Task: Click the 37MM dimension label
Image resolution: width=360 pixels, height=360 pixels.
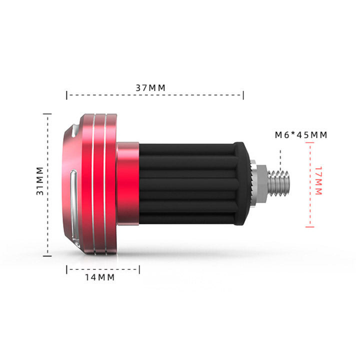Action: [150, 88]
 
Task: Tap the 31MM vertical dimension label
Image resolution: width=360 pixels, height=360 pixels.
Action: [40, 181]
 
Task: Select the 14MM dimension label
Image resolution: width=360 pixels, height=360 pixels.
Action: [100, 277]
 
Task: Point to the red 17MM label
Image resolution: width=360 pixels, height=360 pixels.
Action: [318, 181]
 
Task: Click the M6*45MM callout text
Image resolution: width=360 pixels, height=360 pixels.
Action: [301, 135]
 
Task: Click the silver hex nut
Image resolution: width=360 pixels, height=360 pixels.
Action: [261, 184]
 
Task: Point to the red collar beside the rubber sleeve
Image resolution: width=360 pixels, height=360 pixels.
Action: [127, 183]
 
